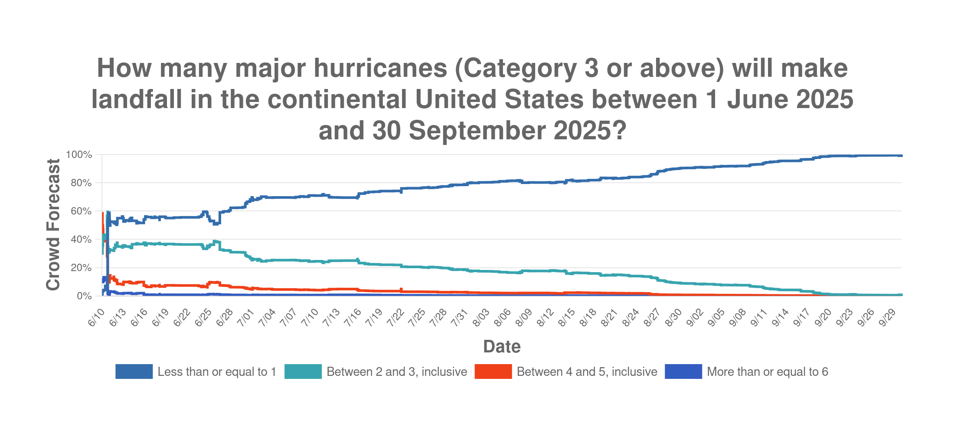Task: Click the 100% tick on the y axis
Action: coord(79,155)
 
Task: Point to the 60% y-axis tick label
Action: coord(81,211)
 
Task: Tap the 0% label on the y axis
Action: coord(84,296)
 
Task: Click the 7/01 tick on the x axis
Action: coord(246,318)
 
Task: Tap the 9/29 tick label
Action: coord(888,318)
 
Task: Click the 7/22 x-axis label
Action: coord(395,318)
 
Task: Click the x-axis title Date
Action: coord(502,346)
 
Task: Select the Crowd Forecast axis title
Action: coord(53,224)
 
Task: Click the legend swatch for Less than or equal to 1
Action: coord(134,372)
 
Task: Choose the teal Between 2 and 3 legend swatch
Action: coord(303,372)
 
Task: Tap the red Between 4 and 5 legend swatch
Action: coord(493,372)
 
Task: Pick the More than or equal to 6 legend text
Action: coord(767,372)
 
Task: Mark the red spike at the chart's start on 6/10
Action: coord(102,215)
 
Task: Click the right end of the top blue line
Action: coord(901,156)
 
